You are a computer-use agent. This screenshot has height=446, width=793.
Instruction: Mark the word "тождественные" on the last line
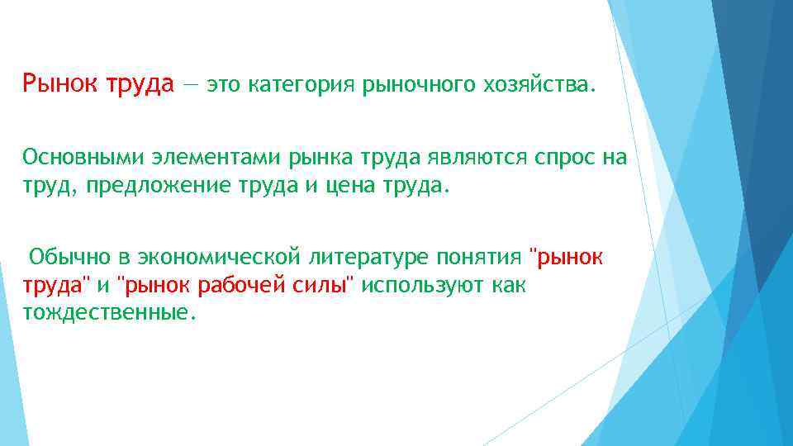109,313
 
